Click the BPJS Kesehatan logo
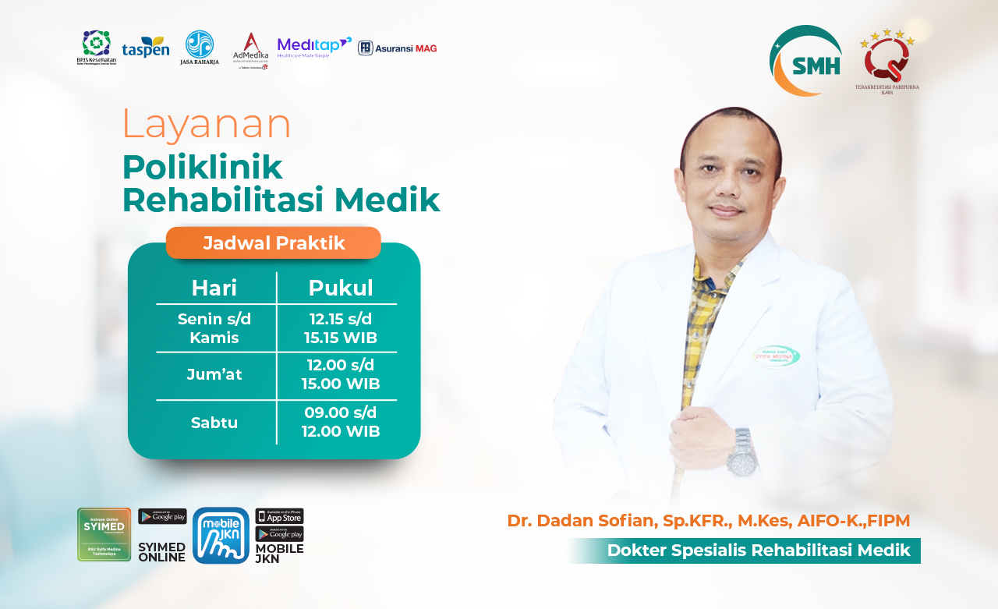[x=97, y=48]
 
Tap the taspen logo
[x=145, y=47]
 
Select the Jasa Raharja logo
[x=200, y=48]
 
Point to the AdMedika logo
[x=250, y=50]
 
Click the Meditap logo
[x=313, y=48]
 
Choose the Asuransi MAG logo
[x=397, y=48]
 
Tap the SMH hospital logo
[x=806, y=62]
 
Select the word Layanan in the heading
[x=207, y=124]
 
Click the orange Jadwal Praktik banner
[x=274, y=243]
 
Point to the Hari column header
[x=214, y=288]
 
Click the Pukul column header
[x=341, y=288]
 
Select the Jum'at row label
[x=214, y=374]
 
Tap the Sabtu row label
[x=214, y=423]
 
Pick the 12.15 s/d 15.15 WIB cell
[x=341, y=328]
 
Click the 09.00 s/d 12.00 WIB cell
[x=341, y=422]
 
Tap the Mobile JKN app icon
[x=221, y=535]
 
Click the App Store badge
[x=279, y=516]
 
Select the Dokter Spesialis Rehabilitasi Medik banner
[x=757, y=551]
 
